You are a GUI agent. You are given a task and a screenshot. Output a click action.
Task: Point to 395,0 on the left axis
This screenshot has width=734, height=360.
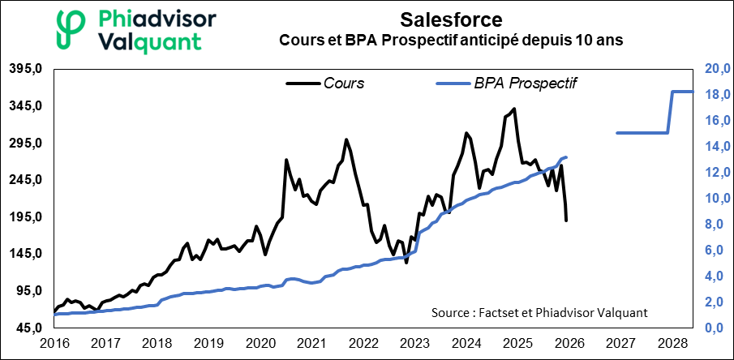click(25, 69)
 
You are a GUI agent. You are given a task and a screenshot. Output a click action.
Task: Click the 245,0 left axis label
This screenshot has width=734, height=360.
click(25, 180)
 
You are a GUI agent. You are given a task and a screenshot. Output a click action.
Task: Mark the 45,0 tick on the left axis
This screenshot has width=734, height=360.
click(28, 328)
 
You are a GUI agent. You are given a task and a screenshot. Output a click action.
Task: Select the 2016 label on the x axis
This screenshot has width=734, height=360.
click(54, 343)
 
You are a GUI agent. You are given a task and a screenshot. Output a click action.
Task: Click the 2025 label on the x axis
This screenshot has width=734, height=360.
click(516, 343)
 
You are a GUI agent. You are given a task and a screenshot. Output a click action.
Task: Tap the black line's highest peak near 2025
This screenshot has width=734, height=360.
click(514, 109)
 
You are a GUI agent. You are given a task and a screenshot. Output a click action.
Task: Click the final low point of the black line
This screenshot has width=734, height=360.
click(565, 220)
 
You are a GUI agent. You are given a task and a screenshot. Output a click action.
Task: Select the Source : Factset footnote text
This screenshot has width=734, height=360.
click(540, 313)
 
